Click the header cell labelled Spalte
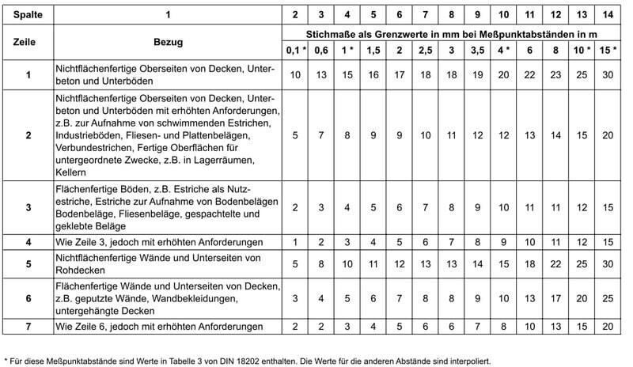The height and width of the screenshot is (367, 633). [28, 14]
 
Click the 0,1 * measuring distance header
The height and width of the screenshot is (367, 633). [296, 51]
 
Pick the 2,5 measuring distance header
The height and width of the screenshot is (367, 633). [425, 51]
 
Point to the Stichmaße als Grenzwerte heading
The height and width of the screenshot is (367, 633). [451, 35]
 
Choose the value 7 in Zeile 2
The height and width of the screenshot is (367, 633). [321, 135]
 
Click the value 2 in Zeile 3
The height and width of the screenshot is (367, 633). [296, 207]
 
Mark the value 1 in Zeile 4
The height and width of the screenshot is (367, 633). [296, 240]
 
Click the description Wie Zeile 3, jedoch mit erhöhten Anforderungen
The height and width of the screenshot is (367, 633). [161, 240]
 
